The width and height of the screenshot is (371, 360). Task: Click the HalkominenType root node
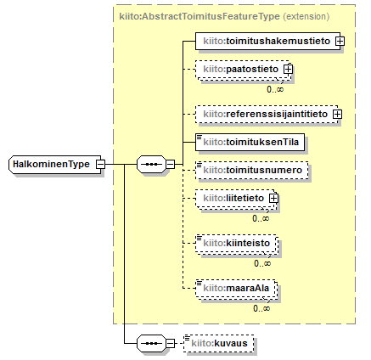(55, 164)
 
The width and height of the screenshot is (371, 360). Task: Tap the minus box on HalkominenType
(100, 164)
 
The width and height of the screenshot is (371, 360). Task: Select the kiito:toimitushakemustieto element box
(267, 42)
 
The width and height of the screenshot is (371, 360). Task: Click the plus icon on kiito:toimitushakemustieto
(340, 42)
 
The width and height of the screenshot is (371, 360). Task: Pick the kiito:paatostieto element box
(243, 69)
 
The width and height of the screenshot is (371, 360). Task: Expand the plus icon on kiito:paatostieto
(289, 69)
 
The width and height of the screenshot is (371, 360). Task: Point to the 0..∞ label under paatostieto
(275, 89)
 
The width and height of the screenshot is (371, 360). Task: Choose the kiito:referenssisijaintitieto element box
(267, 114)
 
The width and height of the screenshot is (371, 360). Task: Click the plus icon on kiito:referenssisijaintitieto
(337, 114)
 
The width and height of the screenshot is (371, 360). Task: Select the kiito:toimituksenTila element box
(250, 142)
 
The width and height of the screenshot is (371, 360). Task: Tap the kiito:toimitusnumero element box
(252, 170)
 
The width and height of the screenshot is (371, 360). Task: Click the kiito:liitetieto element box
(236, 198)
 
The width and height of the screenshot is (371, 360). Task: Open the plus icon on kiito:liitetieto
(273, 198)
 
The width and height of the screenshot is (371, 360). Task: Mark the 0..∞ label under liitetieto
(261, 218)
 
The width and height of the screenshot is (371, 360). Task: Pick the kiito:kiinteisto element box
(237, 243)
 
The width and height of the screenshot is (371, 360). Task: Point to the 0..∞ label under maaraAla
(261, 308)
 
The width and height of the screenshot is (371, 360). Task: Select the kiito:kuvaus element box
(218, 344)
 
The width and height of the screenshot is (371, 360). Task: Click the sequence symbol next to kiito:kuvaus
(151, 343)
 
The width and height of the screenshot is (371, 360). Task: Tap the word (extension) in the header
(306, 16)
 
